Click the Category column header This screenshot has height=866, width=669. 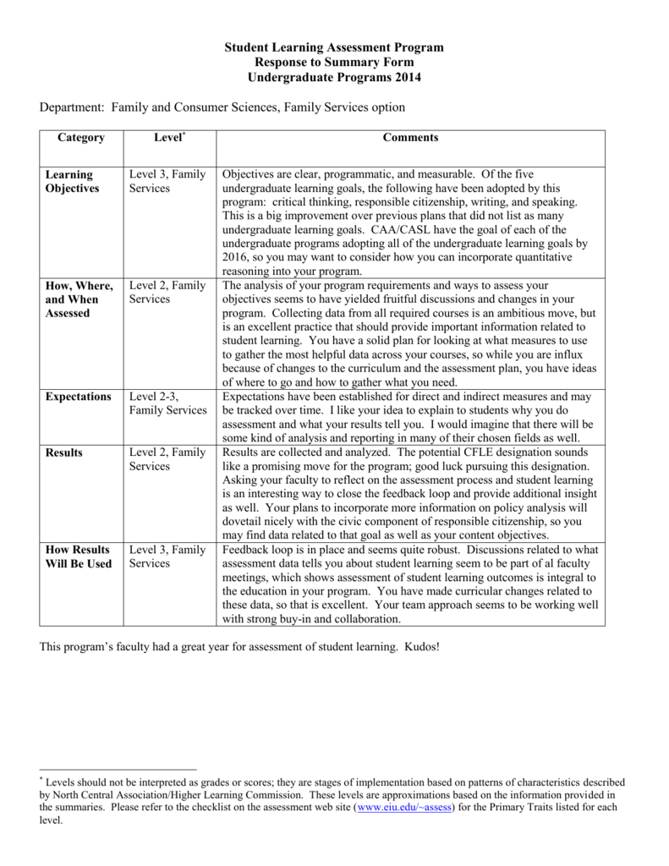coord(81,138)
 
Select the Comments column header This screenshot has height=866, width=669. coord(410,138)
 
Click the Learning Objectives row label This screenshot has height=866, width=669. coord(72,181)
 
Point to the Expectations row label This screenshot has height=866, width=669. coord(79,397)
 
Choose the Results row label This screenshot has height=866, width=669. coord(64,452)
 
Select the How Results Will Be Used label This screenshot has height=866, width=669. coord(78,556)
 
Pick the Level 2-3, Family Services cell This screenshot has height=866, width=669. coord(167,403)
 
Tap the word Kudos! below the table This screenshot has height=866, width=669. coord(419,646)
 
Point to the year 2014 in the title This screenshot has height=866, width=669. coord(405,78)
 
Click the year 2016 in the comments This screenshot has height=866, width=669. coord(236,257)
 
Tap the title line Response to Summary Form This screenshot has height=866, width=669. coord(333,63)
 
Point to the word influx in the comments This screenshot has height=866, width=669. coord(578,354)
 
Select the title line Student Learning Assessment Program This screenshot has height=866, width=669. coord(333,49)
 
